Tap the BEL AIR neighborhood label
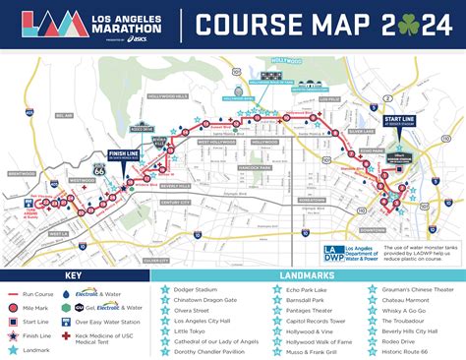pos(64,116)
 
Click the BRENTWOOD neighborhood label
pos(22,172)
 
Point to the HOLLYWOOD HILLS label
pos(168,96)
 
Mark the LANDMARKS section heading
pos(309,275)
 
